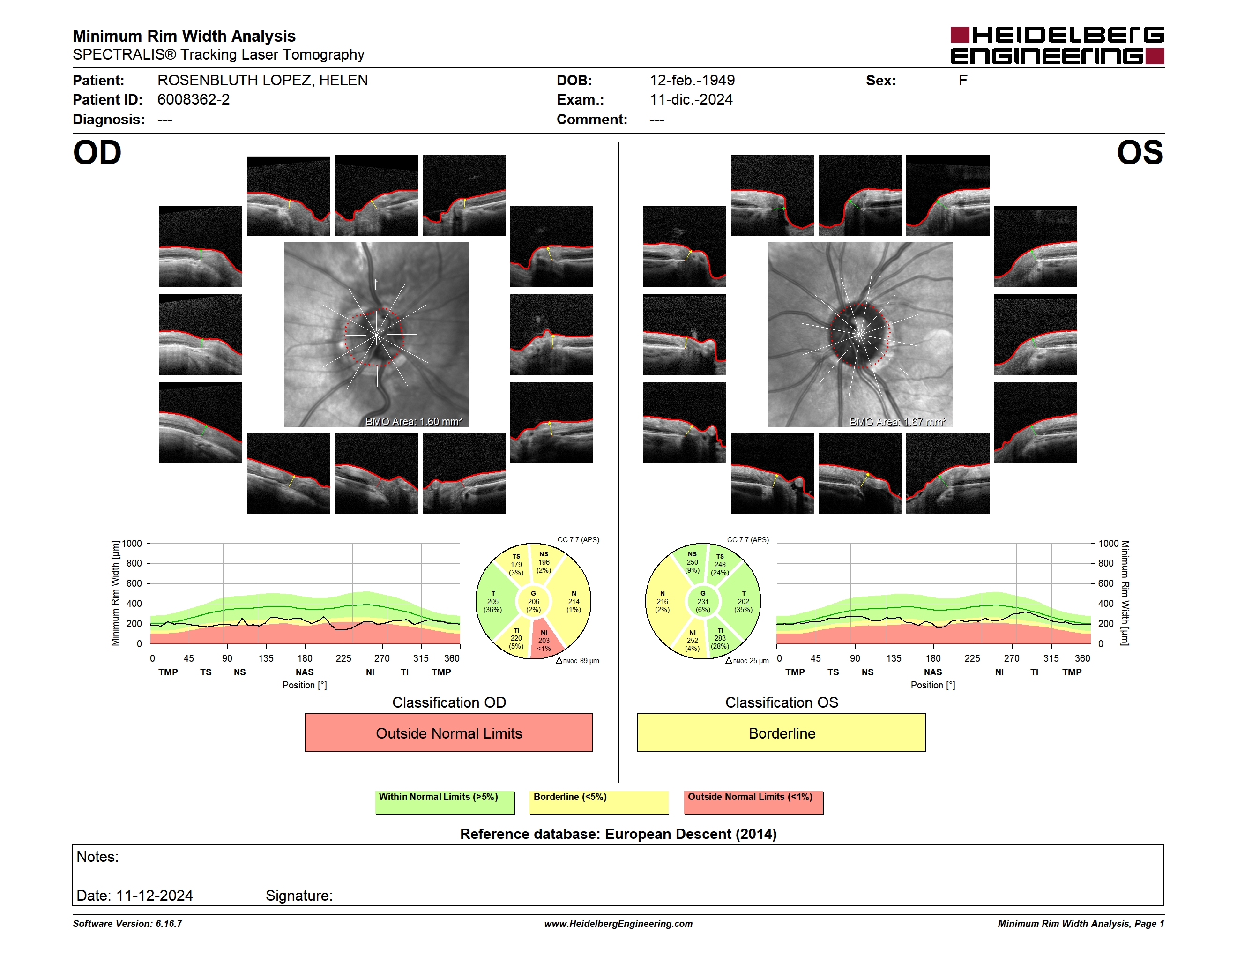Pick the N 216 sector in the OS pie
663,601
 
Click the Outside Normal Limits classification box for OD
448,732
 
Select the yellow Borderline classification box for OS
782,732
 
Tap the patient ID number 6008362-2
194,100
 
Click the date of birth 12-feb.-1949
692,81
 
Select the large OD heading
97,153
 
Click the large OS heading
1140,153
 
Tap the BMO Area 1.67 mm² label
898,421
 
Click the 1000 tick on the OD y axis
131,544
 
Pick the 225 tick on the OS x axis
972,658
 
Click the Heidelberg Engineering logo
1057,45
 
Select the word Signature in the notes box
299,896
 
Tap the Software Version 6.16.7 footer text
127,924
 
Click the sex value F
963,81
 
